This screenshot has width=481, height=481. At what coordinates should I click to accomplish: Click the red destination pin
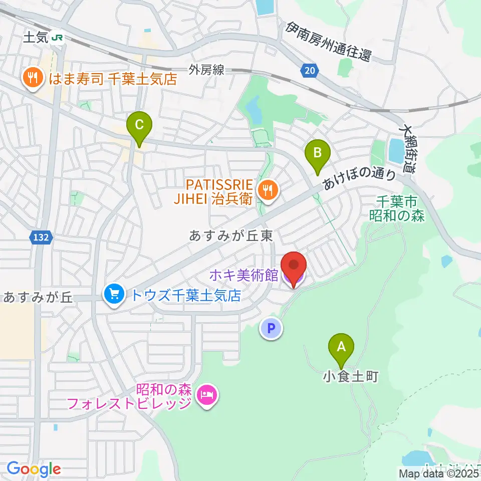coord(293,266)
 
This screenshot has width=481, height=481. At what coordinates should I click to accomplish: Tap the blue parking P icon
coord(271,329)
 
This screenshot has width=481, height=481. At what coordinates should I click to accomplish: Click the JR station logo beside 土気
coord(59,38)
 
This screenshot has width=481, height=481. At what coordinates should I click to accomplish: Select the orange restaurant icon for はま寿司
coord(33,78)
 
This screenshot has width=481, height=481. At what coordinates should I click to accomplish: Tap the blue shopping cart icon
coord(114,294)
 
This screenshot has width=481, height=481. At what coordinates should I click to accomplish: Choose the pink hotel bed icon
coord(208,396)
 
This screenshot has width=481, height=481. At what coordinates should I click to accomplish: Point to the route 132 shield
coord(42,237)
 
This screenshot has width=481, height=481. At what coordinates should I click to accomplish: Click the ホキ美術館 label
coord(243,275)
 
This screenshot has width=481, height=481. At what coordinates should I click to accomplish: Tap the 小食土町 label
coord(350,376)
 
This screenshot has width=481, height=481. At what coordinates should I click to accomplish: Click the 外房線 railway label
coord(206,70)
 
